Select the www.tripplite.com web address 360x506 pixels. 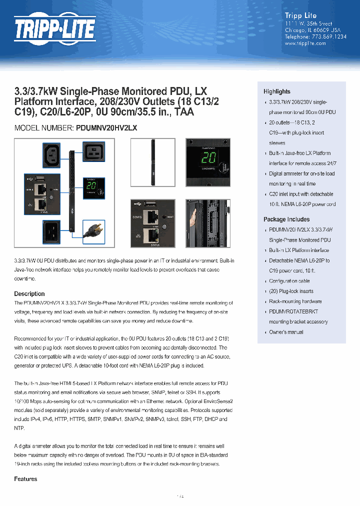click(305, 43)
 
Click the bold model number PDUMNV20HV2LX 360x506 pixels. click(106, 128)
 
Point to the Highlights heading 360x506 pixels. click(276, 91)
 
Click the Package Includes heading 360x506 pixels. click(286, 219)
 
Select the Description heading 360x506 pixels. click(29, 294)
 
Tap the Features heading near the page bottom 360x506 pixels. click(25, 479)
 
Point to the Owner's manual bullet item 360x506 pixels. click(286, 332)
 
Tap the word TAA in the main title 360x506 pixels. click(184, 112)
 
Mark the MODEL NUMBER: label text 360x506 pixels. click(44, 128)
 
